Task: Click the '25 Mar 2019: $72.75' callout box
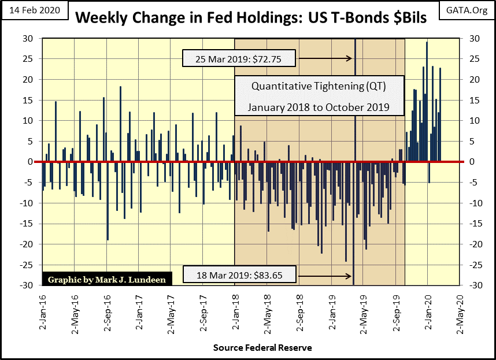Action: [x=239, y=58]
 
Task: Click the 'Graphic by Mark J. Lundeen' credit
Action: [x=106, y=279]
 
